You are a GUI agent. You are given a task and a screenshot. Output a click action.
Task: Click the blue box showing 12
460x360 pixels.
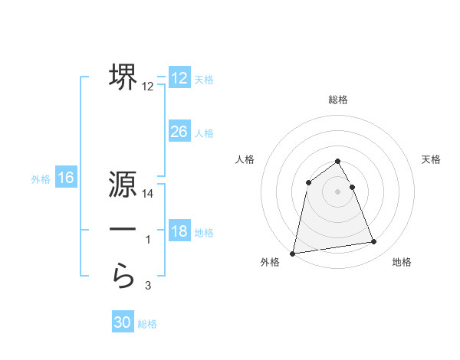[x=179, y=78]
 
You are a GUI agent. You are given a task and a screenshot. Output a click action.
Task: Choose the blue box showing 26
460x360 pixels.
[x=179, y=132]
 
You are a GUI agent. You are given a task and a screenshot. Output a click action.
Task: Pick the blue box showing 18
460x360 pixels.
[x=179, y=231]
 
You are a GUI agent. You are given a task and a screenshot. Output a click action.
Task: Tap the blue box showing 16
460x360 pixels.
[x=65, y=178]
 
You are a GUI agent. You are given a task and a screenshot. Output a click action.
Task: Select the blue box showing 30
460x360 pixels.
[x=122, y=322]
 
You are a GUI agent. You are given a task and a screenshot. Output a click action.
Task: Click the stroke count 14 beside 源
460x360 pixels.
[x=149, y=195]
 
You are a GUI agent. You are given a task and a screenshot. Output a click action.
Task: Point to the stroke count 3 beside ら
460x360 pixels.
[x=148, y=286]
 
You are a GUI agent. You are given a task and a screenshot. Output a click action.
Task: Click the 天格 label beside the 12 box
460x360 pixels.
[x=204, y=80]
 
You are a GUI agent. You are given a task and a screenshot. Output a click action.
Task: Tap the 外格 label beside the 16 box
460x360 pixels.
[x=41, y=179]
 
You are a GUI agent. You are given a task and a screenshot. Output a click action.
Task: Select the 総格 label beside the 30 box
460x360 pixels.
[x=147, y=324]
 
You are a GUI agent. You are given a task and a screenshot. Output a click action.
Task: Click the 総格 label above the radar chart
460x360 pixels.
[x=338, y=100]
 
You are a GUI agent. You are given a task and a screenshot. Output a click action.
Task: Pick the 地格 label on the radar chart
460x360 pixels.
[x=402, y=262]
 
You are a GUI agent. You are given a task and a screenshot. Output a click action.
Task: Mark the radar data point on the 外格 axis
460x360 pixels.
[x=293, y=253]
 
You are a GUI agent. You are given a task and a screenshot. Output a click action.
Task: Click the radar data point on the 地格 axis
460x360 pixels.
[x=374, y=242]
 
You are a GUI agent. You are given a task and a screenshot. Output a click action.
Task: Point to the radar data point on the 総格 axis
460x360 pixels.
[x=338, y=161]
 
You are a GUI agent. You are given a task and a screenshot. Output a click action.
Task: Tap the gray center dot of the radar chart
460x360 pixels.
[x=338, y=191]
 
